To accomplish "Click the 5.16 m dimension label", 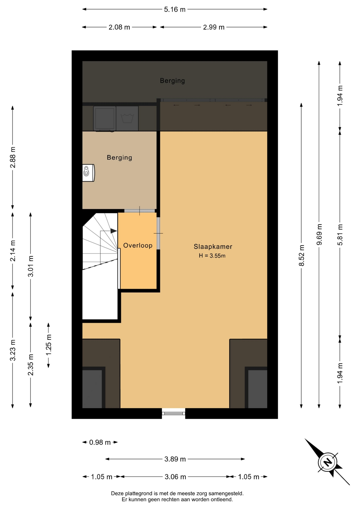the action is (x=175, y=10).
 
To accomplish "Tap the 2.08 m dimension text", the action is (x=119, y=27).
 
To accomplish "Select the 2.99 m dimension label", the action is (x=214, y=27).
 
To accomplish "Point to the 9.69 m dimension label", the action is (x=319, y=234).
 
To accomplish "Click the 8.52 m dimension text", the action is (x=301, y=255).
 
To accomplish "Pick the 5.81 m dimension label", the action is (x=340, y=235).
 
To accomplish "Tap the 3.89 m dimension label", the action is (x=175, y=459).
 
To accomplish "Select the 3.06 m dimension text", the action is (x=175, y=477).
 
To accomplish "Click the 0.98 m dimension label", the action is (x=100, y=442).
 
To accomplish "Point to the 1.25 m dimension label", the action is (x=49, y=345).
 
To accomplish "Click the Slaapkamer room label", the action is (x=213, y=247).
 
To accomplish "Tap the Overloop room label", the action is (x=138, y=245).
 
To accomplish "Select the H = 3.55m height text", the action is (x=212, y=256).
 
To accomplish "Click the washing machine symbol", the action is (x=127, y=119).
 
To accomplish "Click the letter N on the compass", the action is (x=328, y=463).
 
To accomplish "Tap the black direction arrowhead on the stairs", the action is (x=114, y=231).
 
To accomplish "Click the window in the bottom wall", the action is (x=174, y=413).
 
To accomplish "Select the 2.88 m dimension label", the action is (x=13, y=157).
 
